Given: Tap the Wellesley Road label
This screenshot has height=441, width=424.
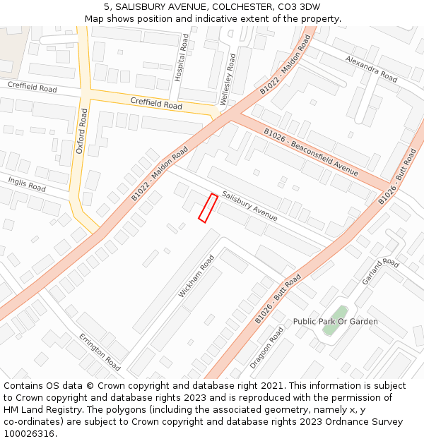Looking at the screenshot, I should [228, 75].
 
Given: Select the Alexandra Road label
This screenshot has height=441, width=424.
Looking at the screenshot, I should [371, 67].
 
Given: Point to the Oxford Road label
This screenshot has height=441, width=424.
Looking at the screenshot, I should [81, 131].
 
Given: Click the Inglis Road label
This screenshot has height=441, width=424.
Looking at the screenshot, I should [27, 185].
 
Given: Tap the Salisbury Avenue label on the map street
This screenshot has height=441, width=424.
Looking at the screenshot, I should [249, 206].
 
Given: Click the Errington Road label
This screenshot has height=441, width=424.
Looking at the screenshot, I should [99, 351].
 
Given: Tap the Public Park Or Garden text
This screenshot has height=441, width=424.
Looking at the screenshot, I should [335, 322].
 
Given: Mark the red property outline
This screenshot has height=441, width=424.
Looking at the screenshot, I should [208, 207].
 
